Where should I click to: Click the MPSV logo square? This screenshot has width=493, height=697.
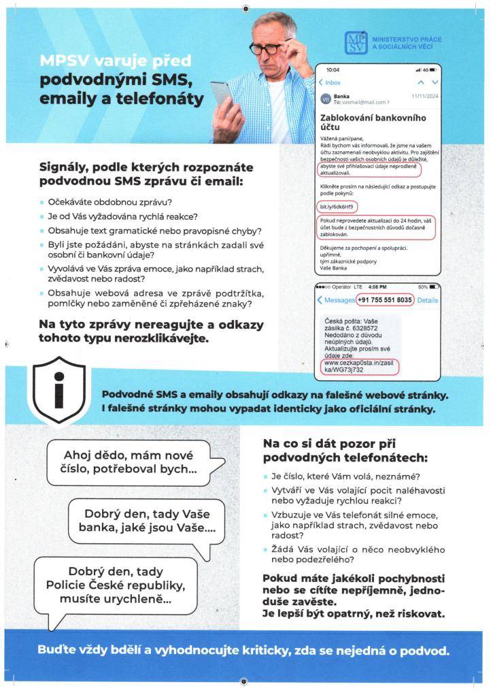tap(356, 44)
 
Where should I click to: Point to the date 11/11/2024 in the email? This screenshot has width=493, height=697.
tap(426, 97)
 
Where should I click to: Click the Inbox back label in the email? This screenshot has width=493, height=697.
tap(330, 82)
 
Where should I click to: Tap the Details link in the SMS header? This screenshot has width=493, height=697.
tap(428, 300)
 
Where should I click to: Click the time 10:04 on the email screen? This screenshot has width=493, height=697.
tap(333, 70)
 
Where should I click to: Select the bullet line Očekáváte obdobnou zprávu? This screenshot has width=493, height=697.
tap(109, 202)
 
